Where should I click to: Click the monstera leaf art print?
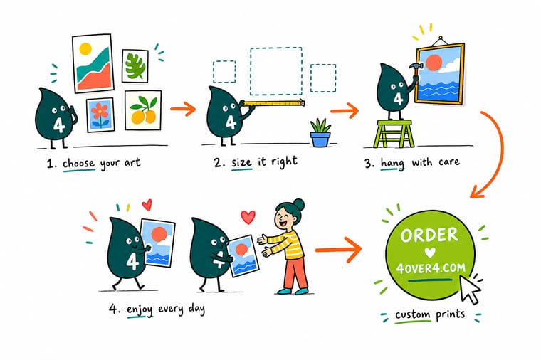(x=135, y=66)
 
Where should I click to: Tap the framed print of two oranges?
(x=143, y=110)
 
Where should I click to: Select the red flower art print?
(x=100, y=115)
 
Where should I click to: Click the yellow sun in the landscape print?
(x=85, y=49)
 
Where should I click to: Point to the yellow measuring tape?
(x=273, y=103)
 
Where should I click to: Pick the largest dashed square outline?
(x=276, y=71)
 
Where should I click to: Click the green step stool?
(x=394, y=134)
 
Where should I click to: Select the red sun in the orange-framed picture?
(x=434, y=63)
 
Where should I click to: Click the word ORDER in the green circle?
(x=429, y=235)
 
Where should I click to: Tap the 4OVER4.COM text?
(x=431, y=268)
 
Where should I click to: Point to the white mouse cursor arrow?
(x=471, y=290)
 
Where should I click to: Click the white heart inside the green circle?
(x=430, y=253)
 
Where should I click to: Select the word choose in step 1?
(x=78, y=163)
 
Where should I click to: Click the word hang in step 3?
(x=392, y=164)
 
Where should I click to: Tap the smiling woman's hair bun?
(x=298, y=204)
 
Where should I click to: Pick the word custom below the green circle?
(x=412, y=315)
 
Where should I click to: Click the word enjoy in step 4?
(x=140, y=309)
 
